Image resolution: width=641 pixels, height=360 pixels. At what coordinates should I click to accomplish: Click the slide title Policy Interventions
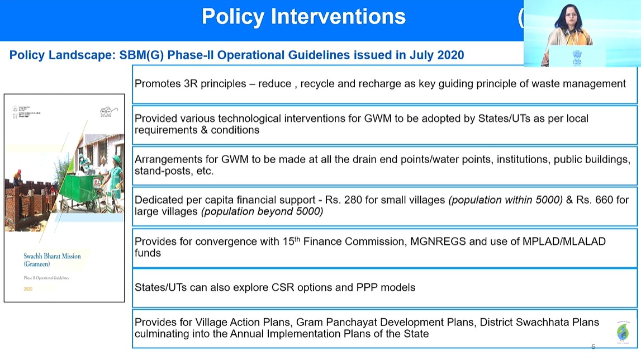[303, 17]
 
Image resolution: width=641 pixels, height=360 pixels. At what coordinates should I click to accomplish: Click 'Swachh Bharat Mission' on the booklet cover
[52, 257]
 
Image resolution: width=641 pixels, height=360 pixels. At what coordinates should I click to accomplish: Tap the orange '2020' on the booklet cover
[28, 289]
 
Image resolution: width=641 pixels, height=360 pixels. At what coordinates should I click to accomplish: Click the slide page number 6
[593, 347]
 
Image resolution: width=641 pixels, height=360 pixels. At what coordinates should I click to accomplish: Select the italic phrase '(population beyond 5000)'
[262, 211]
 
